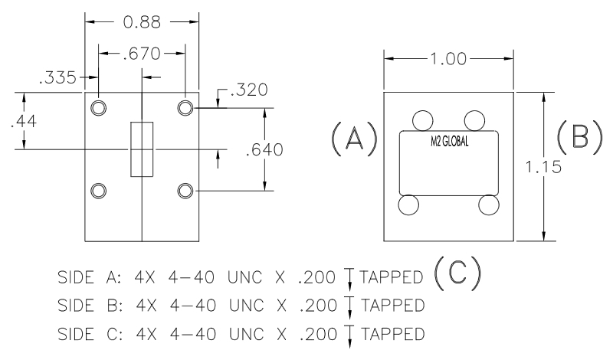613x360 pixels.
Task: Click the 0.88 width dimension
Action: pos(142,22)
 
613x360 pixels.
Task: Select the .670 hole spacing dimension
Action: pos(142,54)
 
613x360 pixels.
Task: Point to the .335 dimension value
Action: pos(57,77)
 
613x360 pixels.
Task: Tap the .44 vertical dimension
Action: pos(24,121)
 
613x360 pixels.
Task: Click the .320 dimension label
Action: pos(249,90)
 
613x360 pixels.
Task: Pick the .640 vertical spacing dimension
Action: pos(264,149)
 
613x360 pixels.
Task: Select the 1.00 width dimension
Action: pos(448,59)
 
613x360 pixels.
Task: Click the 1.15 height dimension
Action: pos(543,167)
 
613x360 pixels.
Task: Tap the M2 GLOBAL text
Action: pos(449,141)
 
